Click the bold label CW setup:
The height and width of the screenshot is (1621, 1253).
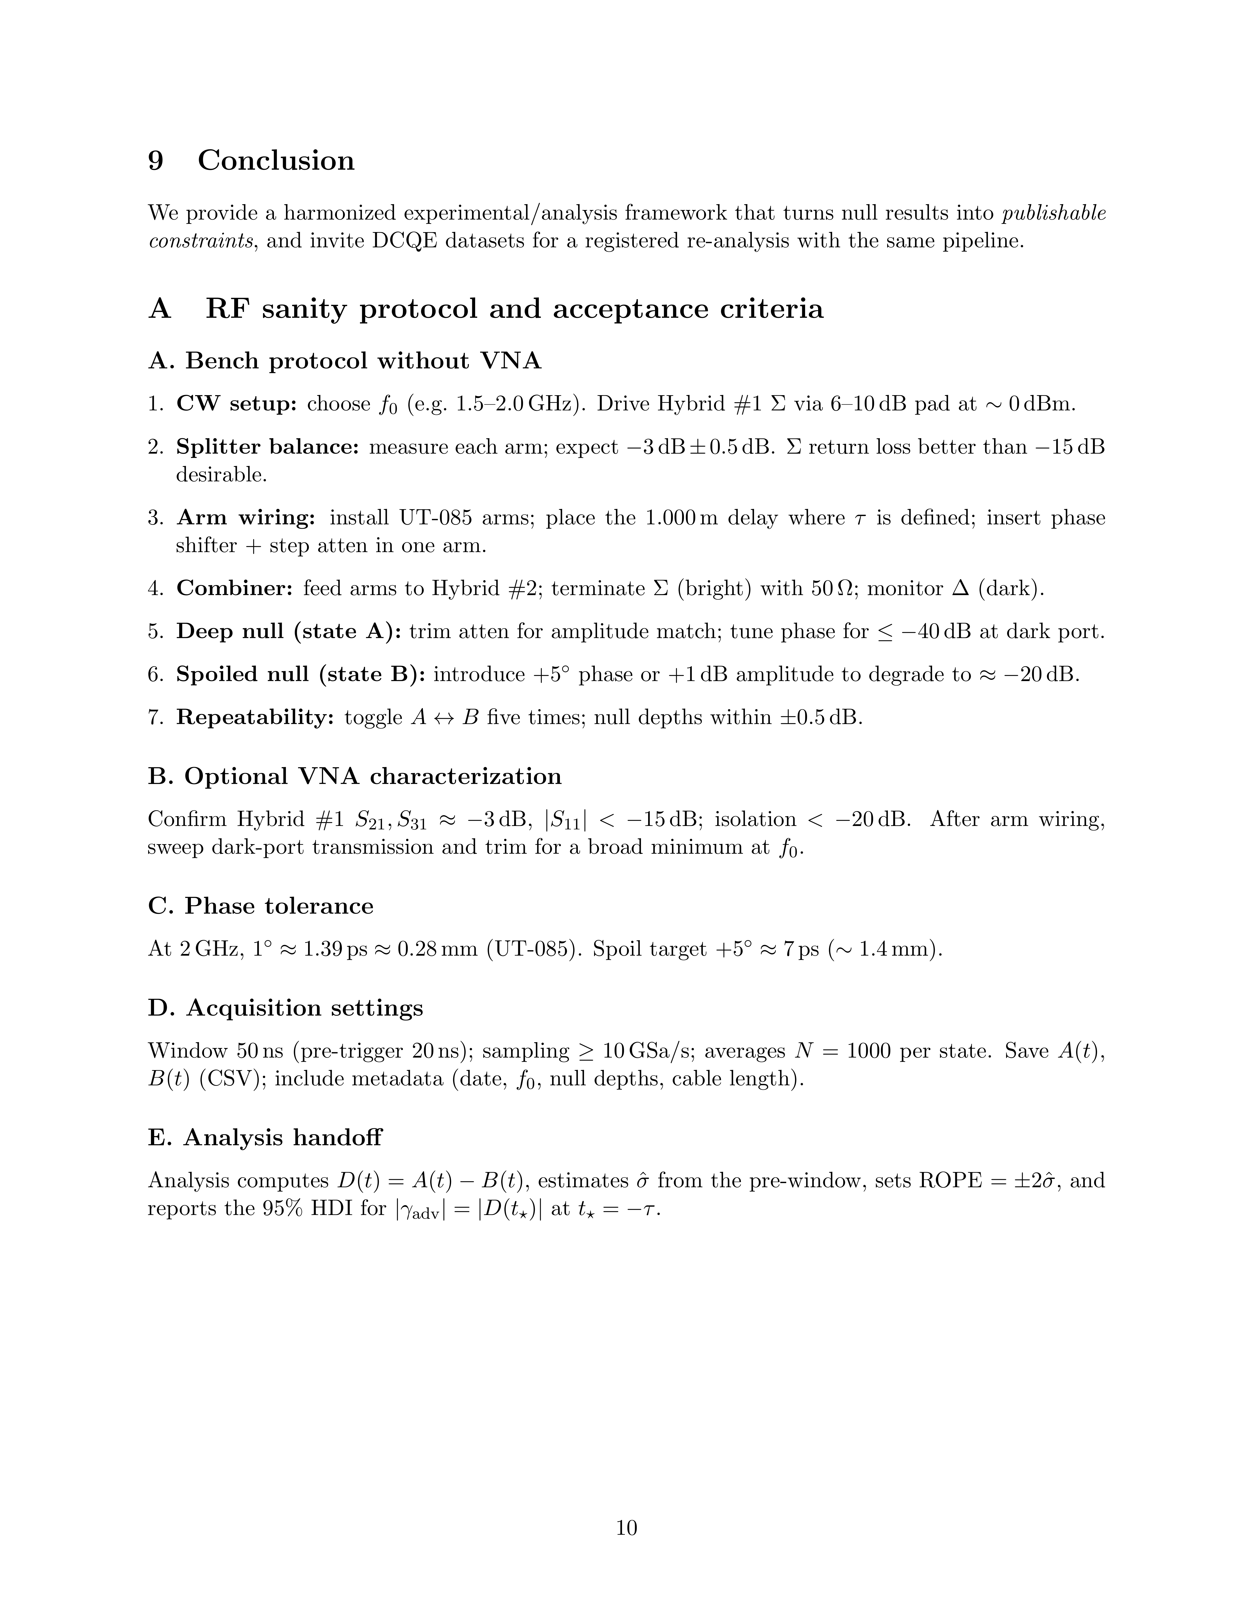pyautogui.click(x=236, y=405)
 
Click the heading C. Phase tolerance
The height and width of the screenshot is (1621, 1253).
pyautogui.click(x=260, y=906)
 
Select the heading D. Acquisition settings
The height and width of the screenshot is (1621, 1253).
pyautogui.click(x=286, y=1008)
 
